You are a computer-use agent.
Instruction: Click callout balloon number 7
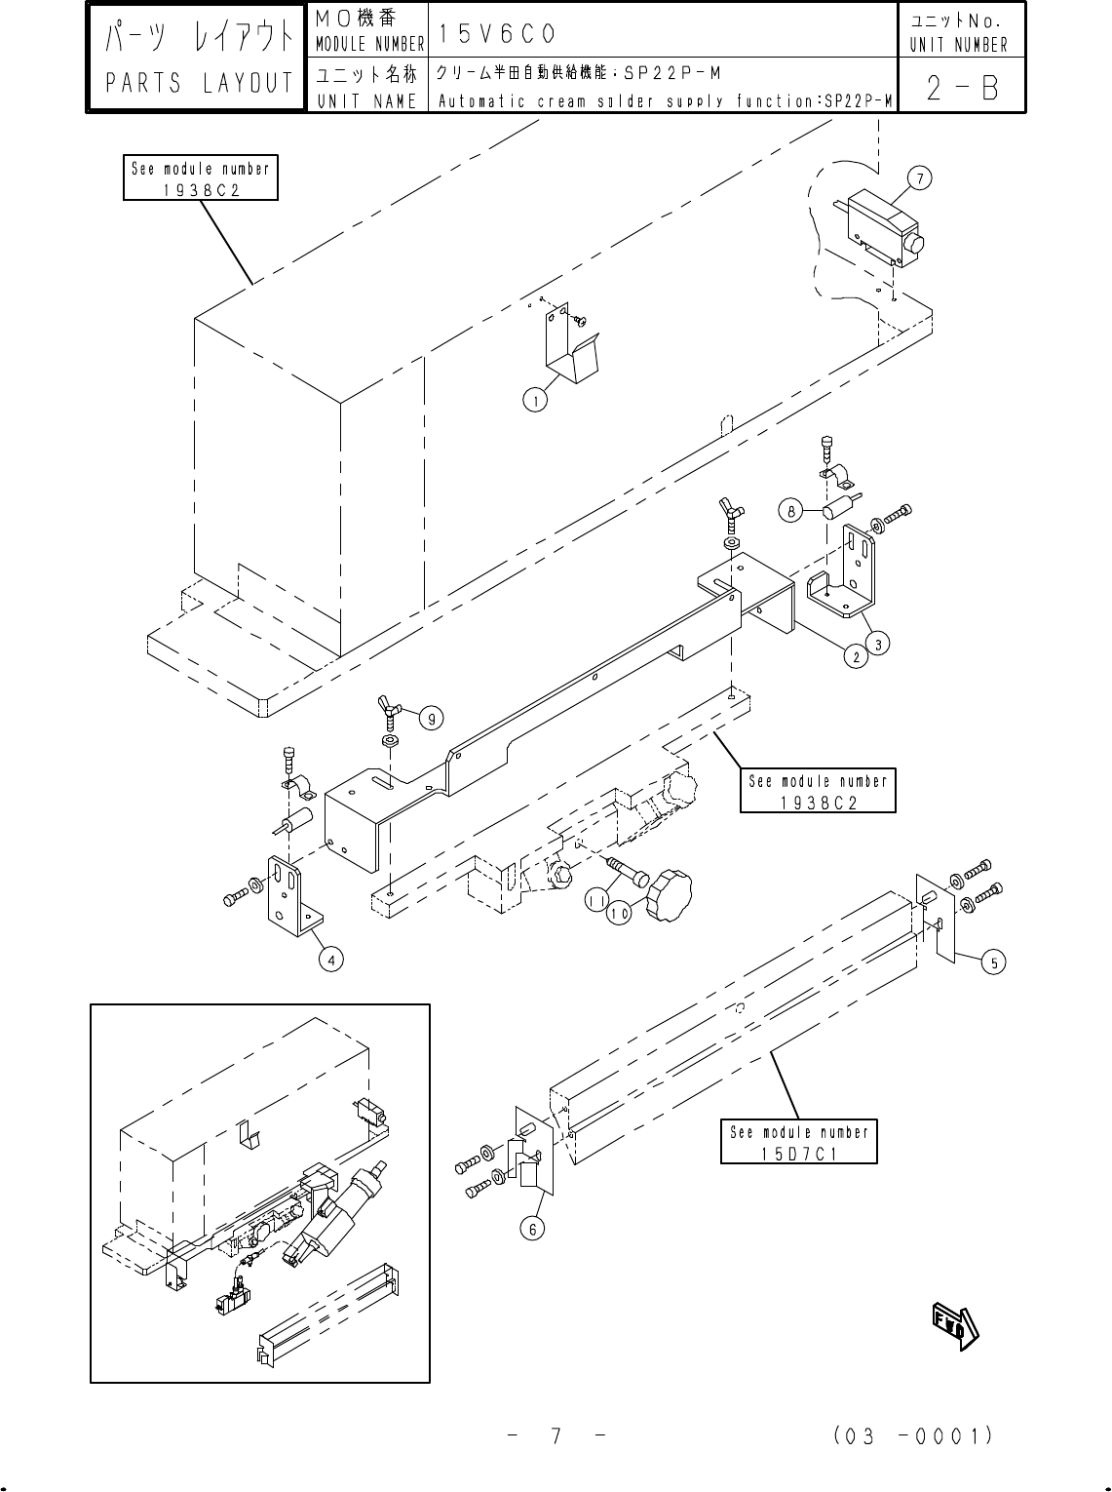918,177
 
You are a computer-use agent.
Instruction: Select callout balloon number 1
532,398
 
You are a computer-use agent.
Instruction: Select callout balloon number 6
532,1229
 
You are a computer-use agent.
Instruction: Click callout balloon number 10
619,914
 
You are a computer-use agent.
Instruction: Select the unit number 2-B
961,90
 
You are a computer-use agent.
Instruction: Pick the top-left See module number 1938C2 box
201,177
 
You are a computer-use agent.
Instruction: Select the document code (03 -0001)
913,1436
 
